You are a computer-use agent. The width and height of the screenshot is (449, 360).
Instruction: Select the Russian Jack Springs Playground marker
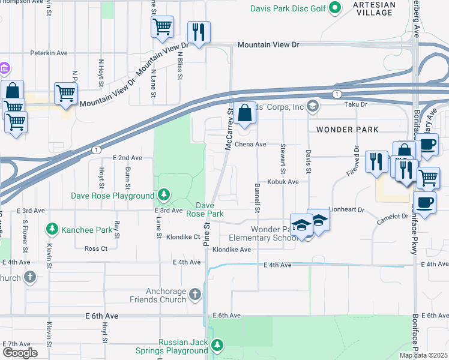(217, 345)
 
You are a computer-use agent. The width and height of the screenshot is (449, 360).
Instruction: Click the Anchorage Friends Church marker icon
(194, 294)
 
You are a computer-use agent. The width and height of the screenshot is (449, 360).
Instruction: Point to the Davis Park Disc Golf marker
(336, 7)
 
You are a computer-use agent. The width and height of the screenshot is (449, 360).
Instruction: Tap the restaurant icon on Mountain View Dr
(198, 31)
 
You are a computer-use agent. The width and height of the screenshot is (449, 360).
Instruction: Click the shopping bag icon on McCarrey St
(245, 112)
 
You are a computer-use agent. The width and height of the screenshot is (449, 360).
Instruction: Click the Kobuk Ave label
(283, 182)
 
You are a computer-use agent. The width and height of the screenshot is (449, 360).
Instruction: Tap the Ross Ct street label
(96, 248)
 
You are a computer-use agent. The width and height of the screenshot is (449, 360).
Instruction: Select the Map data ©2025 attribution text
(423, 355)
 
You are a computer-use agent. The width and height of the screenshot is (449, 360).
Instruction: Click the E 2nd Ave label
(127, 158)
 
